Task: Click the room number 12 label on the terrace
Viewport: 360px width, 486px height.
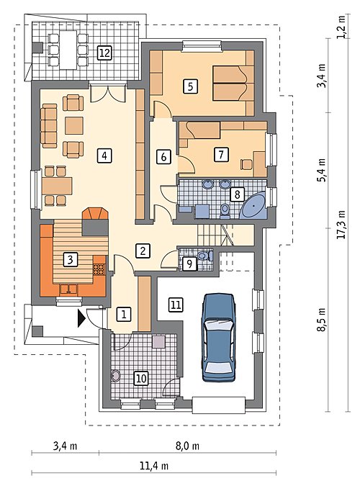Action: [104, 53]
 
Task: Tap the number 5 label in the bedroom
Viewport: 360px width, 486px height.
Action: [190, 86]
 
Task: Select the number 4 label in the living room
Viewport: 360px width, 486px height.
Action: [104, 156]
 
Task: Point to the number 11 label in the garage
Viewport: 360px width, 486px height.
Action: [176, 305]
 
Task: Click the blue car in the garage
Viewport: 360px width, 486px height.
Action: [218, 337]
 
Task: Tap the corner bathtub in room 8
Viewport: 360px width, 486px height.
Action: [255, 205]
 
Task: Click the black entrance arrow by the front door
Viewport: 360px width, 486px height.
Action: [81, 318]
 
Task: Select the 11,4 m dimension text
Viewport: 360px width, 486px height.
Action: [154, 466]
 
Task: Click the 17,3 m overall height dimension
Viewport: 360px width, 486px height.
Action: [341, 225]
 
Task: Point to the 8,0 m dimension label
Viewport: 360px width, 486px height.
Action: [188, 446]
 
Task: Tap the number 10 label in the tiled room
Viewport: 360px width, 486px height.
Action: [141, 379]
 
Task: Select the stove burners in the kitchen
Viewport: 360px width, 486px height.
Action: [99, 269]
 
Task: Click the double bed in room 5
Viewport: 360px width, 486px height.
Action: [233, 83]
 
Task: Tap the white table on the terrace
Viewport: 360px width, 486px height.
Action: [68, 50]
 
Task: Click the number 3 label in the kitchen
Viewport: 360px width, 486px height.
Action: [70, 259]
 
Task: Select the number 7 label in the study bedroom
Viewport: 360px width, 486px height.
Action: [221, 154]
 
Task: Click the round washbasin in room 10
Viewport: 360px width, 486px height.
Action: [116, 376]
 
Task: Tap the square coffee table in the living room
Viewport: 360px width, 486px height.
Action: [74, 125]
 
